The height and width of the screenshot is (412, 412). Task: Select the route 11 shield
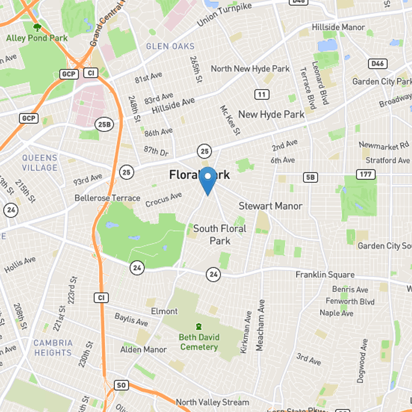[x=262, y=94]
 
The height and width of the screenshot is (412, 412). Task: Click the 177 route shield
[x=365, y=175]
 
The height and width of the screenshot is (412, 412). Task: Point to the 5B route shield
[x=311, y=178]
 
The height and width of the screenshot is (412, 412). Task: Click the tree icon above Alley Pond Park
[x=37, y=27]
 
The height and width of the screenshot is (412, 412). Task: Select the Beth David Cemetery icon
[x=198, y=326]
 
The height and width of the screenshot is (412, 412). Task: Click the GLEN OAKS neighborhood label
[x=170, y=46]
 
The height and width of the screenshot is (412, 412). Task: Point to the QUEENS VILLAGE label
[x=40, y=163]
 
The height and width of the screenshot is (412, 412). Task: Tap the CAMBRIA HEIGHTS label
[x=53, y=348]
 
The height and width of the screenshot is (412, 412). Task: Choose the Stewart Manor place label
[x=270, y=206]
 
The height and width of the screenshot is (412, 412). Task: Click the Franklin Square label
[x=324, y=274]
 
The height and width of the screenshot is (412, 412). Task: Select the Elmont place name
[x=164, y=311]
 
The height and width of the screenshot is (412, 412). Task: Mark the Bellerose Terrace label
[x=107, y=198]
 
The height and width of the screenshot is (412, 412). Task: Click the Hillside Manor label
[x=338, y=27]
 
